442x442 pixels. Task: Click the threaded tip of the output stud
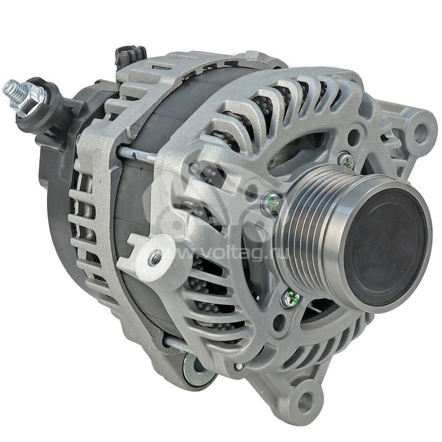tap(12, 88)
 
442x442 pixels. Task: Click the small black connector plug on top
tap(130, 56)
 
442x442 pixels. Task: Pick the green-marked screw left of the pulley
tap(271, 204)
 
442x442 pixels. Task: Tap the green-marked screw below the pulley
tap(291, 299)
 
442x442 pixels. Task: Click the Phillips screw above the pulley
tap(346, 160)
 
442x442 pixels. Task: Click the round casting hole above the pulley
tap(354, 135)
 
